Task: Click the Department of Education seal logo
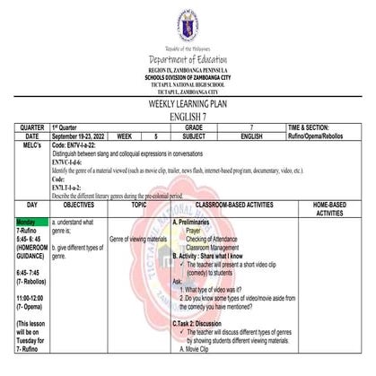[188, 22]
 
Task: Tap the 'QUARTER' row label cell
[24, 128]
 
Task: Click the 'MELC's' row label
[24, 145]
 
